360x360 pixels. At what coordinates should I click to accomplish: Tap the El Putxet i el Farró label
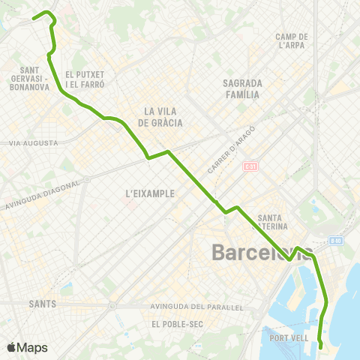tap(85, 79)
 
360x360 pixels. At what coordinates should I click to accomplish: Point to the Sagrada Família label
tap(241, 88)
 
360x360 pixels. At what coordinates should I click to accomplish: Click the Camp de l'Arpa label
tap(292, 40)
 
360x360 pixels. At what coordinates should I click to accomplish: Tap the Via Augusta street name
tap(34, 142)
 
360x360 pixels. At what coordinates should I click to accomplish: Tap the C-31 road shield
tap(250, 166)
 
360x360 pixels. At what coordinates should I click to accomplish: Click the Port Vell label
tap(289, 338)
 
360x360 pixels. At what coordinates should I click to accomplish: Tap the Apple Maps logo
tap(27, 348)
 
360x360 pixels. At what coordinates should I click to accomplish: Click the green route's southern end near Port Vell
tap(321, 346)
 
